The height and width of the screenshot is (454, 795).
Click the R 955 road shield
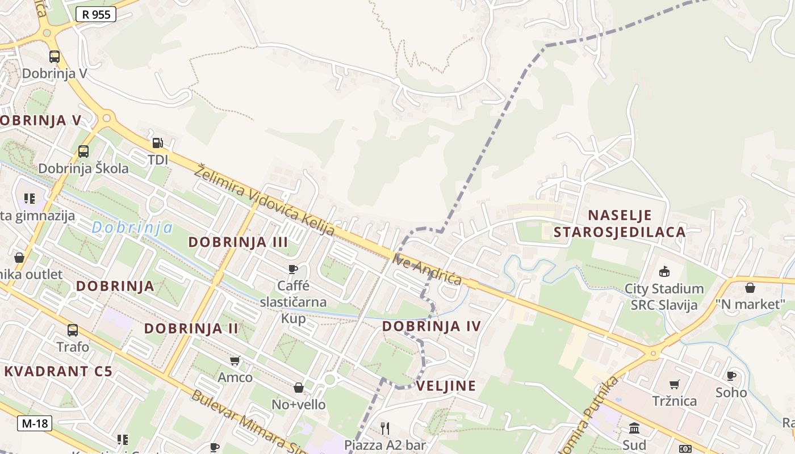96,14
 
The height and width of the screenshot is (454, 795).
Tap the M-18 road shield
35,423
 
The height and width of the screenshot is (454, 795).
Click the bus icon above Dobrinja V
55,57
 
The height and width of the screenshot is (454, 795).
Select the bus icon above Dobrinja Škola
83,152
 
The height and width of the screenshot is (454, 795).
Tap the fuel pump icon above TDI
158,143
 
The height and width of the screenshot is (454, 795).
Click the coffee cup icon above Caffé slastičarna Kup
293,268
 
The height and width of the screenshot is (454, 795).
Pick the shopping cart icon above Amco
235,360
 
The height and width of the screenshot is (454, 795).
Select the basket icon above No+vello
299,388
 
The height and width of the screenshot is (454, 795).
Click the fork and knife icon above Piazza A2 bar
385,428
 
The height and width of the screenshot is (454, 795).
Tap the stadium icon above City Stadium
664,271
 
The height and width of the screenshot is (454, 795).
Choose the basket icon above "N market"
750,287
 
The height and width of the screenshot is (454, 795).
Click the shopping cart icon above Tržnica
675,384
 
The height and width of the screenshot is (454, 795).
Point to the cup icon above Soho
731,376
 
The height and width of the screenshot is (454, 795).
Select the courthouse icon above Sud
634,428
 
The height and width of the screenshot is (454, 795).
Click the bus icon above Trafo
73,330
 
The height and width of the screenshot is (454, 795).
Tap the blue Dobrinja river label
132,228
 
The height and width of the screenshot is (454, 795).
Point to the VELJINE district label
446,386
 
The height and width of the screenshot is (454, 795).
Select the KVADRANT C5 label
58,372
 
